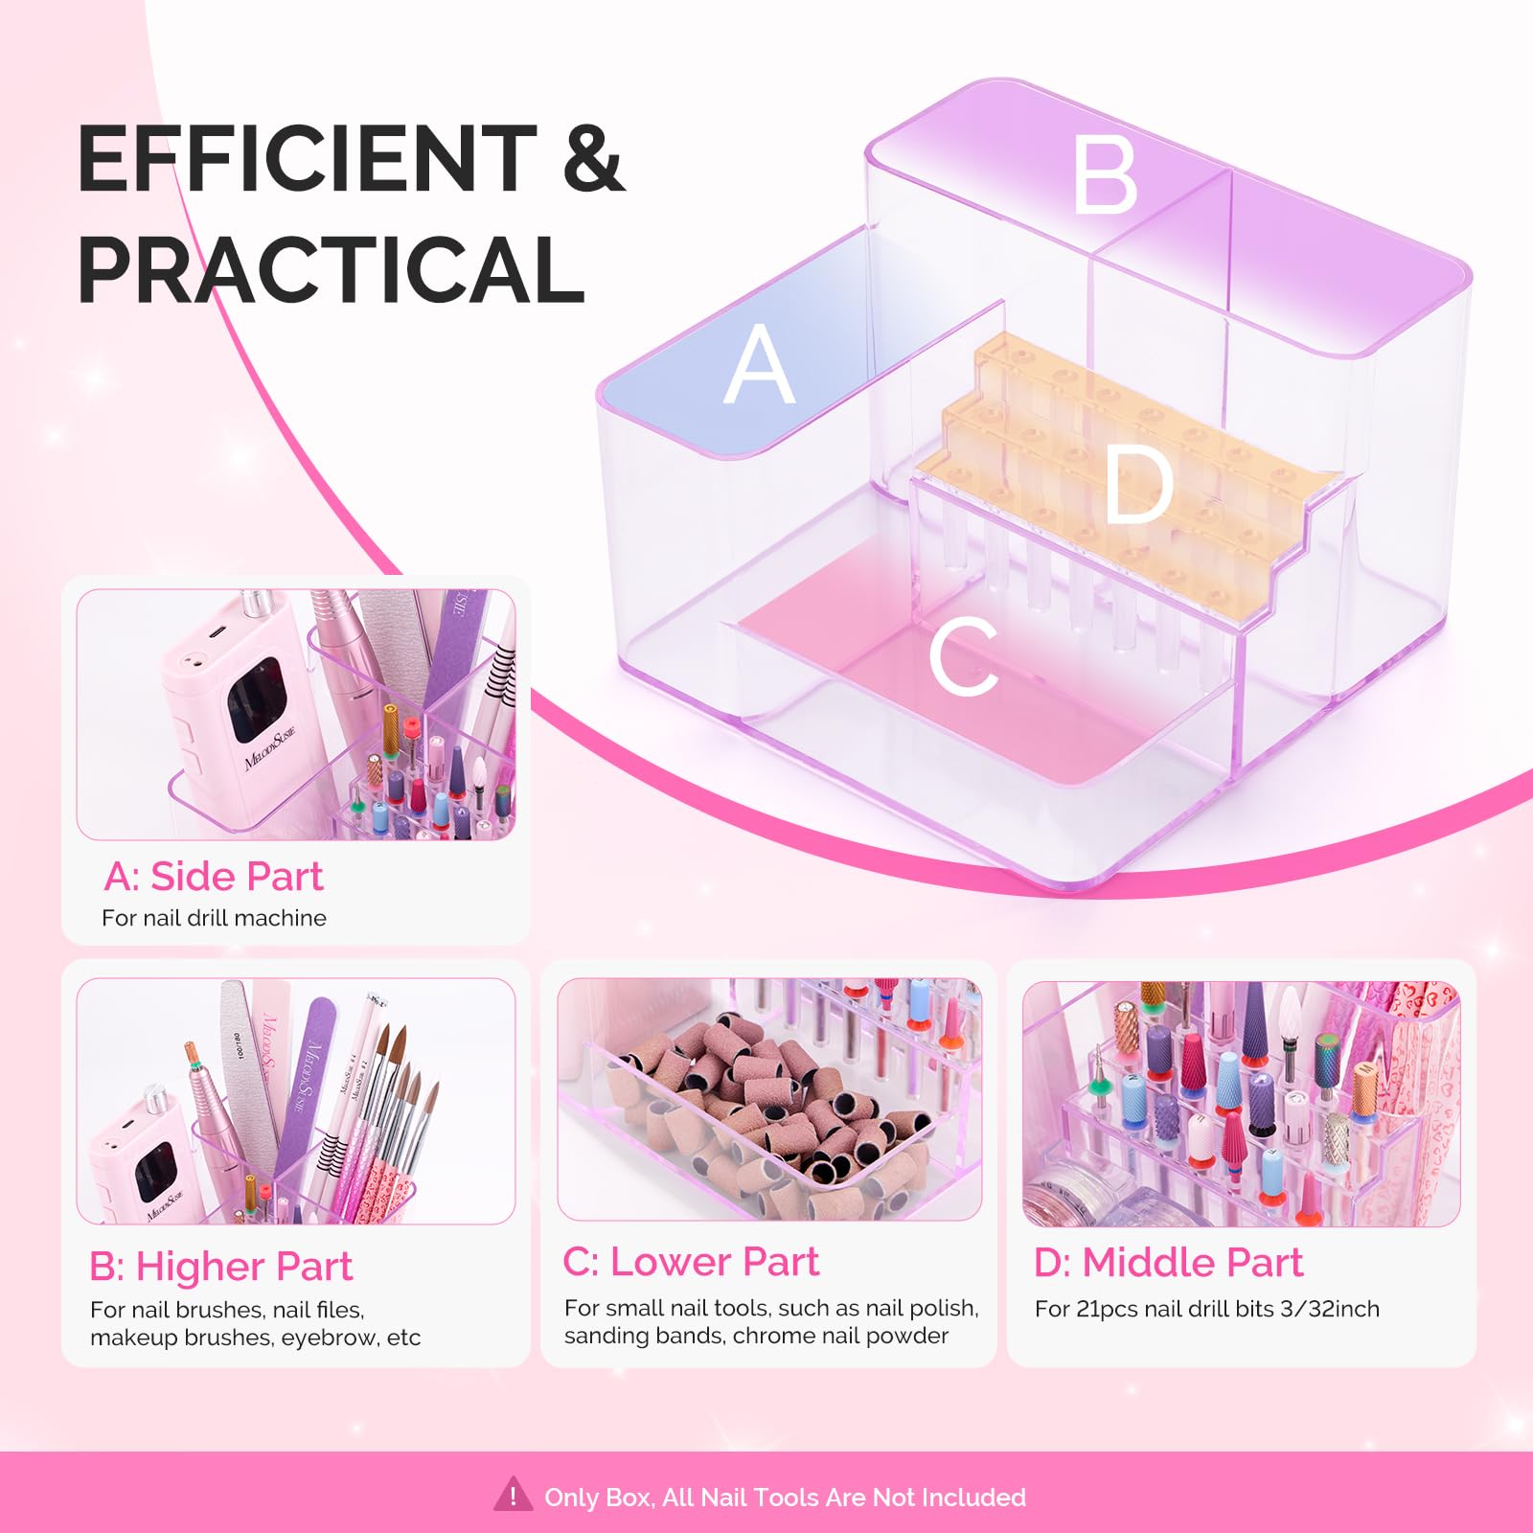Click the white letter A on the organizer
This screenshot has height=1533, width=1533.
pos(759,363)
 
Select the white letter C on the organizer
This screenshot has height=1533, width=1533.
pos(964,655)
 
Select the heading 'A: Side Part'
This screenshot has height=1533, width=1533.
pos(213,876)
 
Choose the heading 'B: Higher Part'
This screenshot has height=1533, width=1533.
pos(220,1266)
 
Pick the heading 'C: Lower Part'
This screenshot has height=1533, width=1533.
pos(691,1261)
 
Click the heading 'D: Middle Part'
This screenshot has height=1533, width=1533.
pos(1168,1262)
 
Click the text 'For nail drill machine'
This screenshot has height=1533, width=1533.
pos(214,918)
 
